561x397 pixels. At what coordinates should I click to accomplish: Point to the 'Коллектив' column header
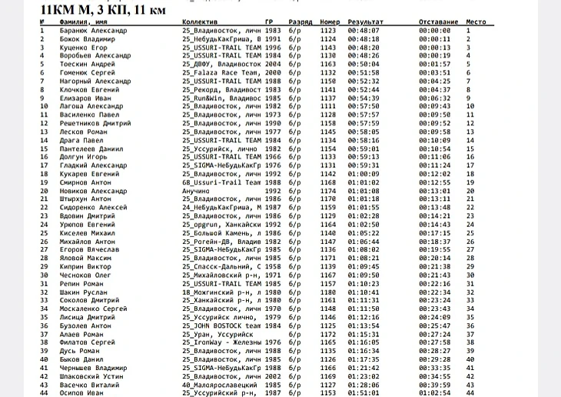click(x=201, y=23)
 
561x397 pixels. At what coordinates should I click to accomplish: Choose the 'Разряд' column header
click(x=300, y=23)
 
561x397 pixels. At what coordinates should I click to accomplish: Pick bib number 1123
click(x=328, y=31)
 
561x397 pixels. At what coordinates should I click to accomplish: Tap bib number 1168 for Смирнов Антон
click(x=328, y=182)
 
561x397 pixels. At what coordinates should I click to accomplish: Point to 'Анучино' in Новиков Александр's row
click(x=197, y=190)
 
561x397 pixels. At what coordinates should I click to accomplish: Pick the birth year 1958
click(x=273, y=265)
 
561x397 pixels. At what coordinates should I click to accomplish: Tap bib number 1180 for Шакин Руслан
click(x=328, y=292)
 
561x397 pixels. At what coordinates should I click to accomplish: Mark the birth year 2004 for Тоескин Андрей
click(x=273, y=64)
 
